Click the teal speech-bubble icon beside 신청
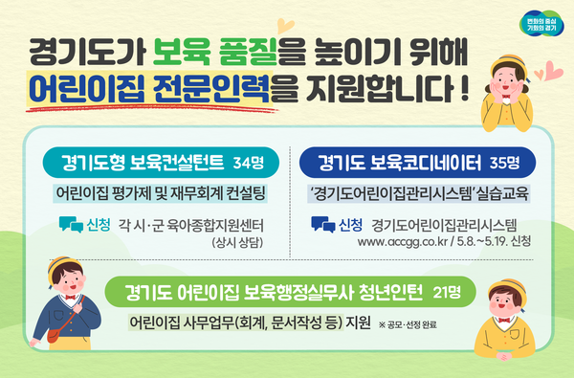(70, 226)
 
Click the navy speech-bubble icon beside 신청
(322, 226)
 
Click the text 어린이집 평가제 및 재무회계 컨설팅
(160, 191)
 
